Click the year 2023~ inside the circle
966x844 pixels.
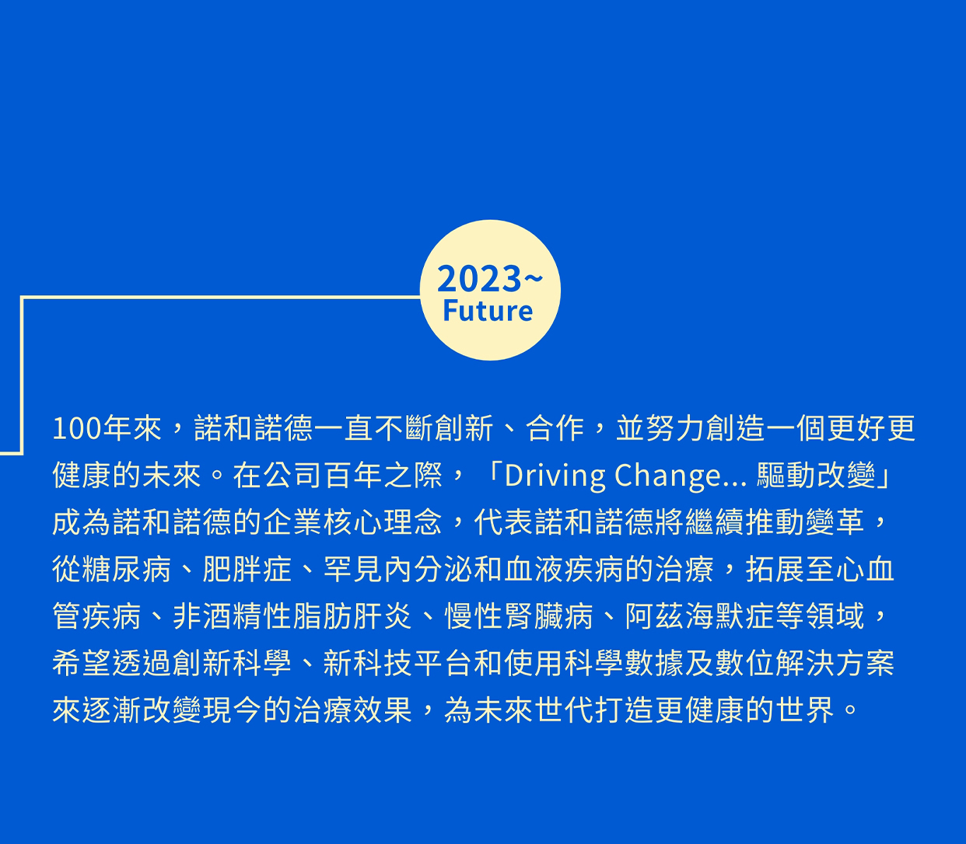(x=490, y=278)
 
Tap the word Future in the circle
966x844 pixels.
(x=488, y=312)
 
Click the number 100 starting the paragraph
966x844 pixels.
(x=76, y=429)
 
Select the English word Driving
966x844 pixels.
(x=555, y=476)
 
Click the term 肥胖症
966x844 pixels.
(x=247, y=570)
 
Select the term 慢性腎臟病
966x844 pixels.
(x=519, y=616)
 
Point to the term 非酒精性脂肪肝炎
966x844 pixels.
(x=292, y=616)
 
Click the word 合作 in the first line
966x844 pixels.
(x=555, y=428)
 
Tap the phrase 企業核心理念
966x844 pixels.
(x=352, y=522)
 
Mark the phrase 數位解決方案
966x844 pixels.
(x=805, y=663)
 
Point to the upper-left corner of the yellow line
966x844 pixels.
(x=22, y=297)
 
